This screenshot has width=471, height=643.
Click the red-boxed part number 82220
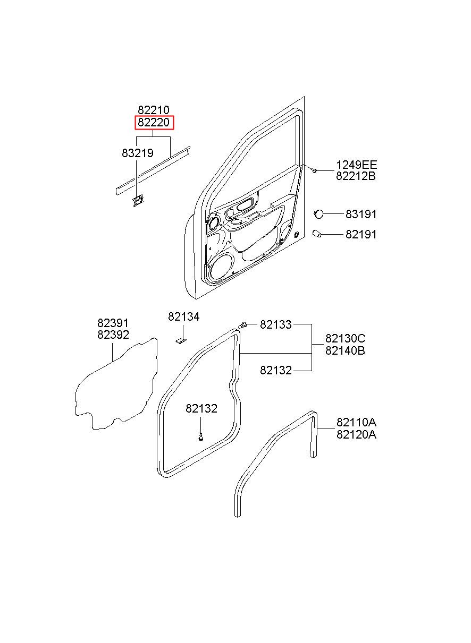pyautogui.click(x=154, y=123)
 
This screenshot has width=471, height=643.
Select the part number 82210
pyautogui.click(x=154, y=110)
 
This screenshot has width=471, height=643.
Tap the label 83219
pyautogui.click(x=137, y=153)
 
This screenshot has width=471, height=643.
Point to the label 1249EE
pyautogui.click(x=356, y=165)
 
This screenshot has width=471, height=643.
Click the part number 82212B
pyautogui.click(x=356, y=176)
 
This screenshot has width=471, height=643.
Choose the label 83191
pyautogui.click(x=360, y=214)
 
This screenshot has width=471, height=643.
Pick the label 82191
pyautogui.click(x=360, y=235)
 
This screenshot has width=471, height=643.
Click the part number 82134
pyautogui.click(x=183, y=316)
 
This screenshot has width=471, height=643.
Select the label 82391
pyautogui.click(x=113, y=323)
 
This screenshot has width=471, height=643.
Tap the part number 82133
pyautogui.click(x=275, y=324)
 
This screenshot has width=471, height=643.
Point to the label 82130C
pyautogui.click(x=345, y=339)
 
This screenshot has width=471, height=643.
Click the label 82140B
pyautogui.click(x=345, y=350)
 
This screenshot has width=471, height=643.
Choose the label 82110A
pyautogui.click(x=356, y=423)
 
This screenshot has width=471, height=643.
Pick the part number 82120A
pyautogui.click(x=356, y=435)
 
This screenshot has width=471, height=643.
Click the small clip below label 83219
pyautogui.click(x=138, y=200)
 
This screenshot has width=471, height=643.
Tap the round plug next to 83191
pyautogui.click(x=318, y=214)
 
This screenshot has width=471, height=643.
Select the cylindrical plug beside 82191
pyautogui.click(x=317, y=234)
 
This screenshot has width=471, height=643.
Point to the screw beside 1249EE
pyautogui.click(x=314, y=170)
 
